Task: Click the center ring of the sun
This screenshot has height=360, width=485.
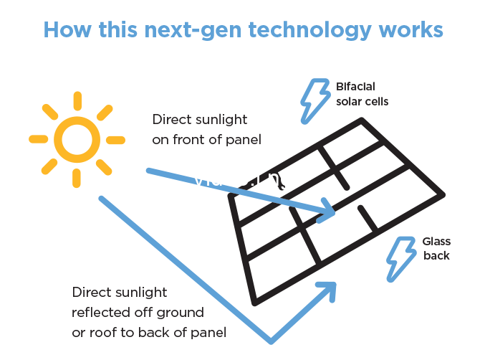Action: point(76,139)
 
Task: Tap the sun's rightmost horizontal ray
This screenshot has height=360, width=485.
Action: point(116,139)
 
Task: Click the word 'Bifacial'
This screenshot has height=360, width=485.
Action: point(355,87)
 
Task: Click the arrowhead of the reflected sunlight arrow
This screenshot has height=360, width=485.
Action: point(328,288)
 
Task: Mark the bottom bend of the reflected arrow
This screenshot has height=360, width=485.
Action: point(271,339)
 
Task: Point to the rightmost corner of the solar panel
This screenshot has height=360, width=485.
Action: point(443,194)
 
